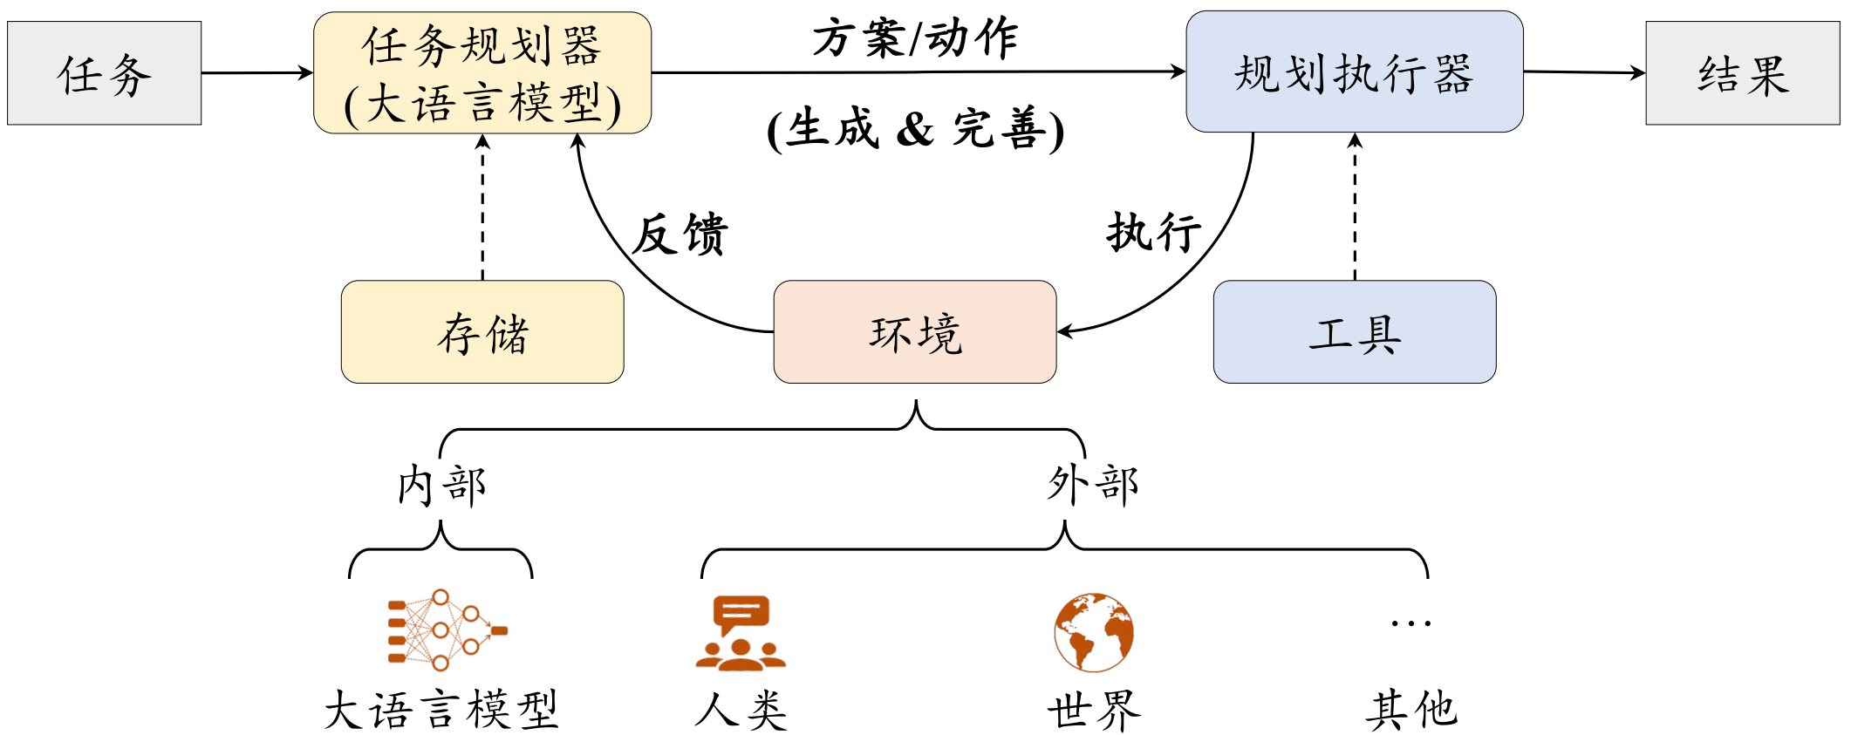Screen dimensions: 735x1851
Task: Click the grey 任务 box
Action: (105, 73)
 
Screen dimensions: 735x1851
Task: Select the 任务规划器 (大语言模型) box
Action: (482, 73)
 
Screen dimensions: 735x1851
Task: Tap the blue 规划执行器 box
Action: (1354, 72)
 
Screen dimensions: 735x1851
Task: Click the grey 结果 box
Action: (1742, 73)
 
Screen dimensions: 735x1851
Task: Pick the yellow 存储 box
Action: (482, 332)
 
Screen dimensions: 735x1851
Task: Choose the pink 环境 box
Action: (915, 332)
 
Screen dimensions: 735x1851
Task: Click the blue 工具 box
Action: (1355, 332)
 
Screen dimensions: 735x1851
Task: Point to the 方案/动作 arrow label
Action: (915, 39)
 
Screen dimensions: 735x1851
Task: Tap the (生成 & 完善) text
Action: (915, 129)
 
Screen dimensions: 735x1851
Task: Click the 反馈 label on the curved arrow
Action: (680, 234)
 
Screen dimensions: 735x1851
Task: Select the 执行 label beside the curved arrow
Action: (1153, 232)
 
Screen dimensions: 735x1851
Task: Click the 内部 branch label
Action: (441, 485)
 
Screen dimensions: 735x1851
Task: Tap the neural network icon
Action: (447, 630)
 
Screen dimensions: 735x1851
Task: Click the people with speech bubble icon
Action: (741, 633)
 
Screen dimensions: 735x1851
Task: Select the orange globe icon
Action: (1094, 632)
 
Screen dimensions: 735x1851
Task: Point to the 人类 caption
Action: (741, 710)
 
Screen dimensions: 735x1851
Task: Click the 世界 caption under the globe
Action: (1094, 711)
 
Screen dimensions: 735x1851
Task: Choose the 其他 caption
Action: (1411, 709)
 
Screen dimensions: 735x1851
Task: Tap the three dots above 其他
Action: (1411, 623)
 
